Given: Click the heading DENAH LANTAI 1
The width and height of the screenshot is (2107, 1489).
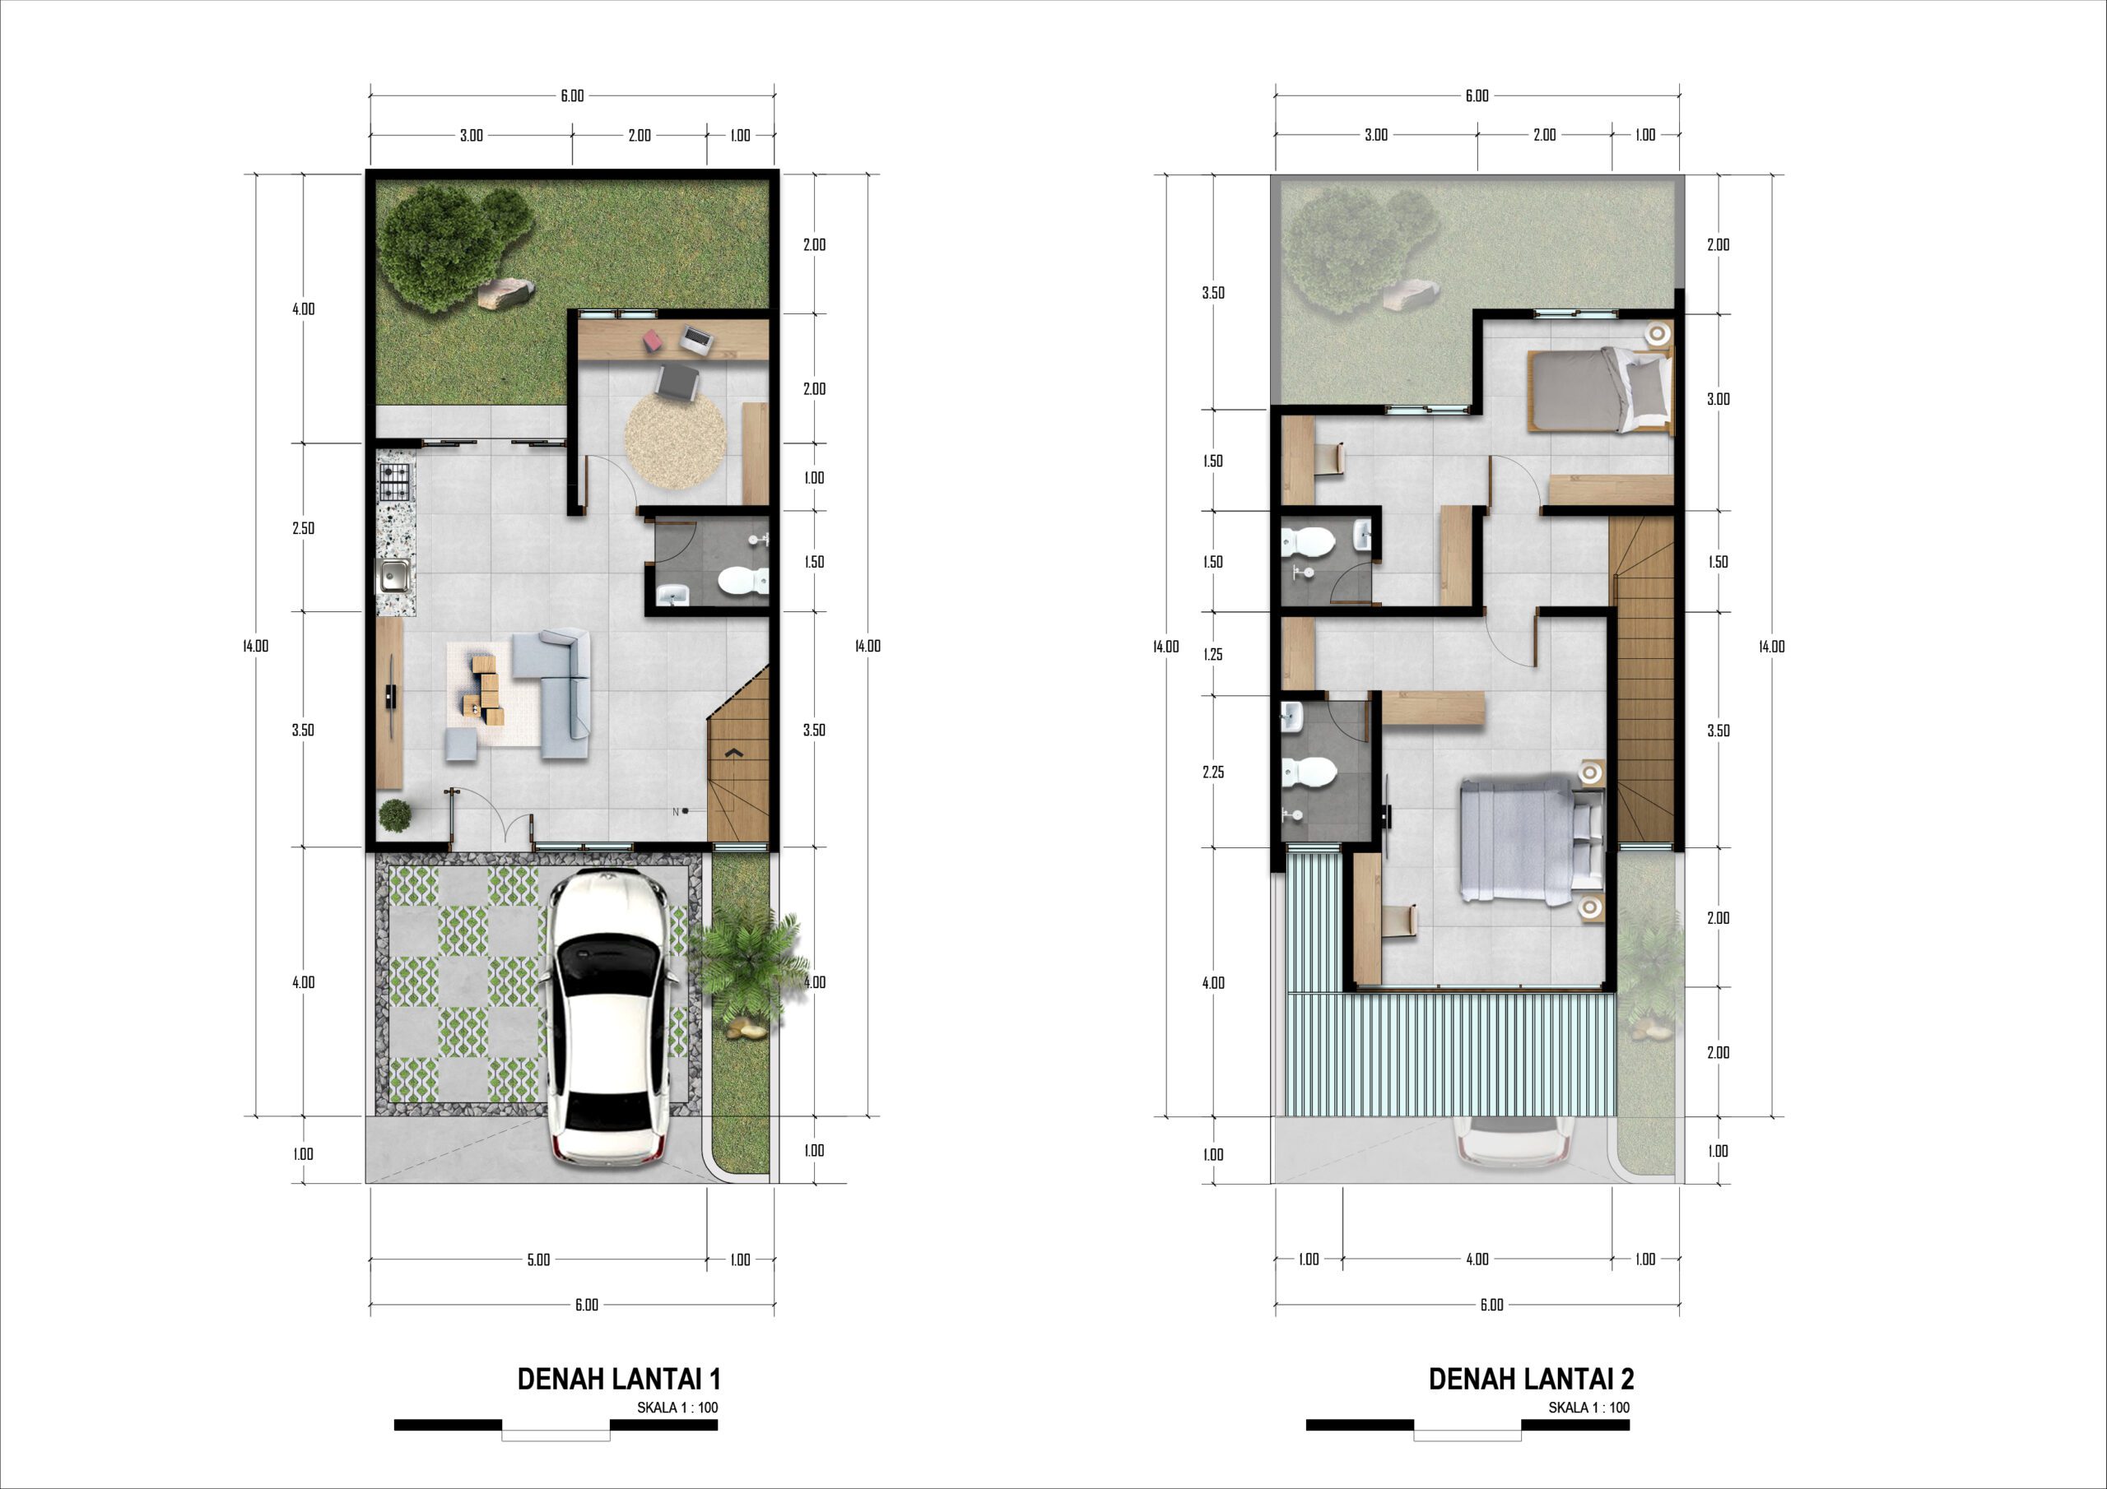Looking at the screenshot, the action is coord(620,1379).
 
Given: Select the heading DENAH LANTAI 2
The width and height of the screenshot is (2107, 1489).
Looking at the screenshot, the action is coord(1532,1379).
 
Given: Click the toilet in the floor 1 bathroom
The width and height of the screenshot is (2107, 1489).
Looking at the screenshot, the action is coord(742,580).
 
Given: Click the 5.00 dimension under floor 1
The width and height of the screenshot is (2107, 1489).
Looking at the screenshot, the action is coord(538,1259).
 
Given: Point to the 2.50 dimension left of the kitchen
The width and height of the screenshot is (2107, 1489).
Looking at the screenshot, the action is coord(303,527).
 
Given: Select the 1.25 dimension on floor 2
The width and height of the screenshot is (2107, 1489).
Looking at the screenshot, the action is coord(1213,654).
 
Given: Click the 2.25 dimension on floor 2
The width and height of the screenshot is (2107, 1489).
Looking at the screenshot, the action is coord(1213,772).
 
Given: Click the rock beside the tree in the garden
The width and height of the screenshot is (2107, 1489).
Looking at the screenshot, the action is coord(504,291).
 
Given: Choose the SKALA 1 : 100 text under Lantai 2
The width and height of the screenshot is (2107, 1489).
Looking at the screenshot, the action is coord(1588,1408).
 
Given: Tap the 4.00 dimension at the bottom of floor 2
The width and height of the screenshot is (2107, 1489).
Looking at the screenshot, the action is coord(1477,1259).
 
